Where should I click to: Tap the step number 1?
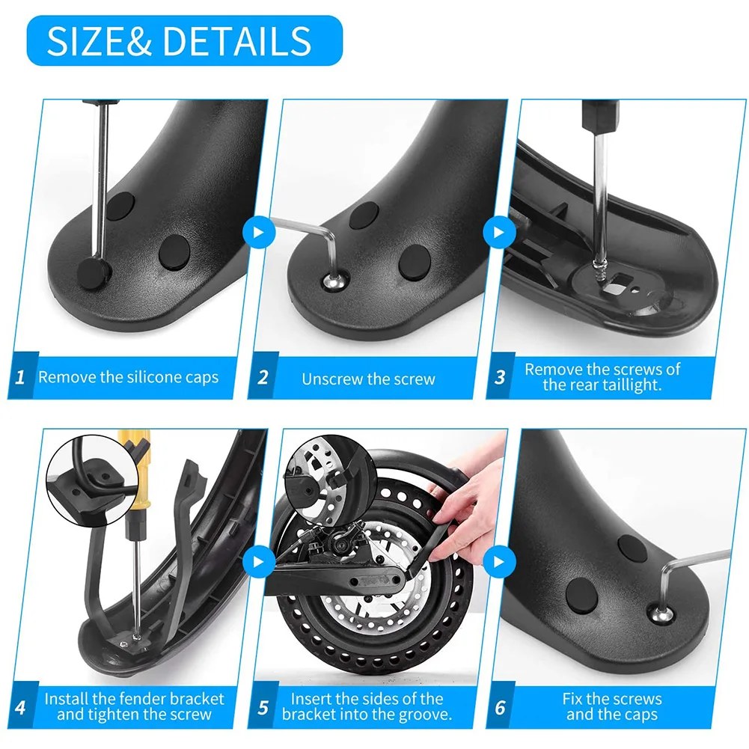(x=21, y=377)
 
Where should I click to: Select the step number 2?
(x=263, y=378)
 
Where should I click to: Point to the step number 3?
(x=500, y=377)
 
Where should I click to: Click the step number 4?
(x=21, y=706)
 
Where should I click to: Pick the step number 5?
(x=263, y=706)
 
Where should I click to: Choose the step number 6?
(x=500, y=706)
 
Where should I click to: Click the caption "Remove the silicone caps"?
(x=129, y=377)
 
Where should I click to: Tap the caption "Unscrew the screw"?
(x=368, y=379)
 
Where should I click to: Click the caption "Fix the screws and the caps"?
(x=612, y=706)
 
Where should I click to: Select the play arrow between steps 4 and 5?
(x=259, y=561)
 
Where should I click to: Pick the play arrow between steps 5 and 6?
(x=495, y=561)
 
